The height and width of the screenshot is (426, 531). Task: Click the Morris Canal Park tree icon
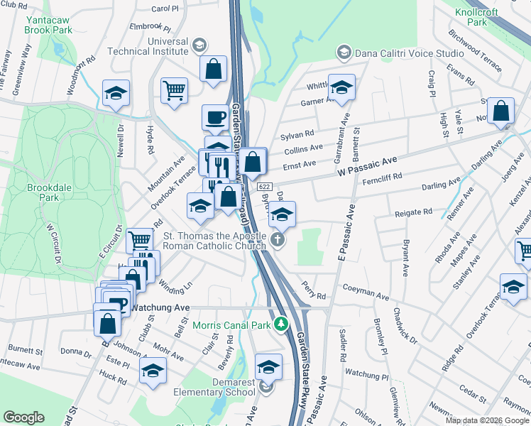click(x=282, y=325)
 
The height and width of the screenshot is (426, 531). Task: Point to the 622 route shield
click(x=264, y=186)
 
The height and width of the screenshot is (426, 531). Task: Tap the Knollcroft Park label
click(x=487, y=18)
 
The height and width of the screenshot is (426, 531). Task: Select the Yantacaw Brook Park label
click(x=48, y=26)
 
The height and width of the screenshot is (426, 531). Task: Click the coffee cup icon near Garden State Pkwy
click(x=214, y=117)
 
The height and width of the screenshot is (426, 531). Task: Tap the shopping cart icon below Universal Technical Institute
click(x=174, y=90)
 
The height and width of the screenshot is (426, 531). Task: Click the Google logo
click(x=24, y=417)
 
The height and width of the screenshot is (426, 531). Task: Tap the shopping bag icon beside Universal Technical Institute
click(x=213, y=70)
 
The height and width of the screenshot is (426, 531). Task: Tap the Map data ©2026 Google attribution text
click(x=486, y=420)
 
